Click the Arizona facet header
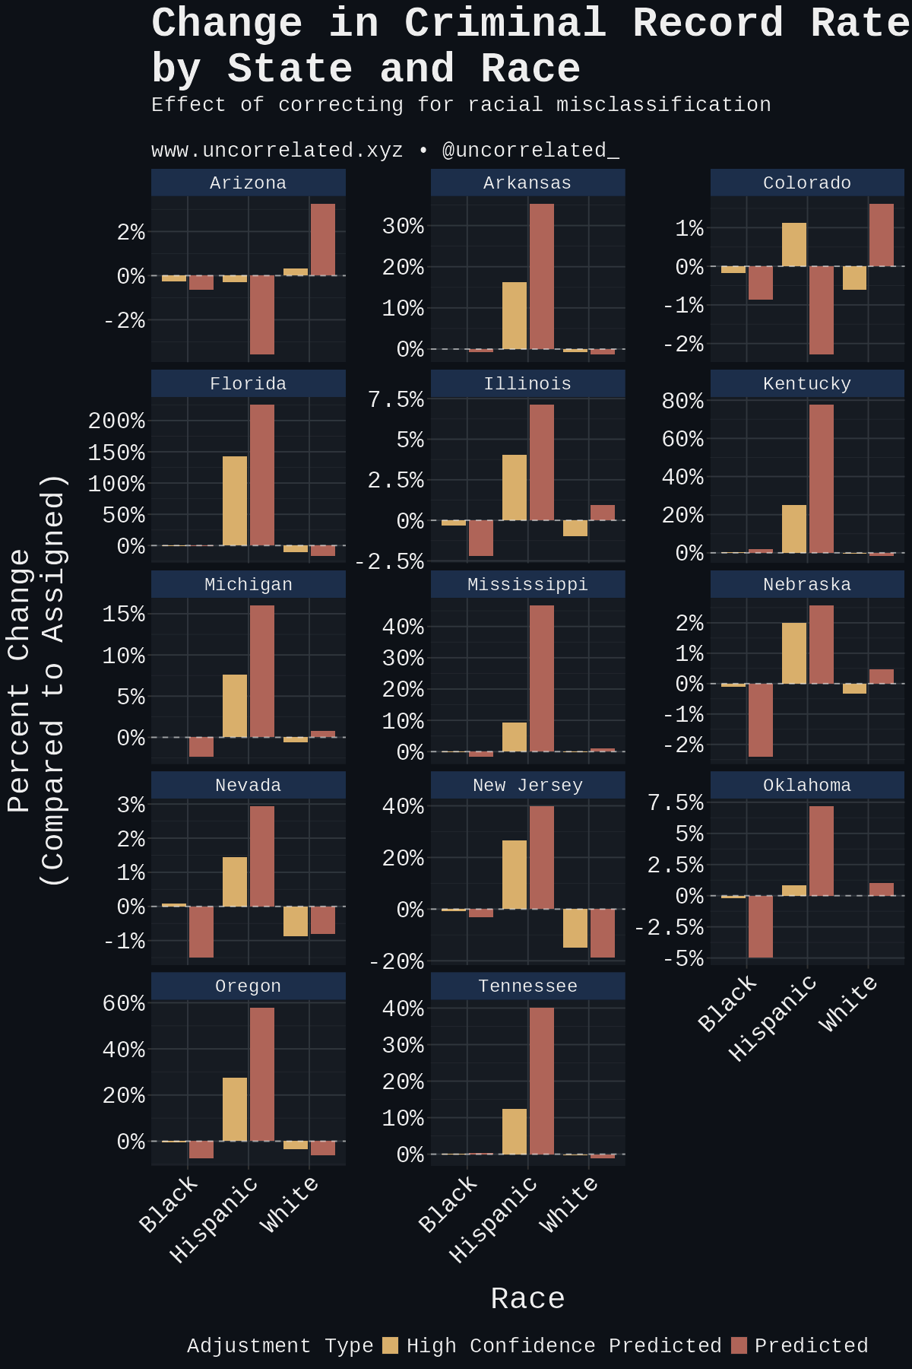248,183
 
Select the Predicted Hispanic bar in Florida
262,475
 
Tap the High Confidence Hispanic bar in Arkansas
515,316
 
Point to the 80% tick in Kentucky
682,401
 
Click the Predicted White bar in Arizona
323,240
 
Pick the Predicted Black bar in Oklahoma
761,926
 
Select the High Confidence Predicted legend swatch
390,1345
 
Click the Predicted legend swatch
739,1345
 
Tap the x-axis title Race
527,1298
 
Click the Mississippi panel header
527,585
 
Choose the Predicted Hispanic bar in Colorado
822,310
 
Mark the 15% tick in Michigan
123,614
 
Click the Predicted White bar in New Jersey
603,933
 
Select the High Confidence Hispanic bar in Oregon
235,1109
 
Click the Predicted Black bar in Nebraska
761,720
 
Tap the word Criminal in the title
505,23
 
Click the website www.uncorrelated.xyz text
277,151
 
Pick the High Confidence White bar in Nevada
296,921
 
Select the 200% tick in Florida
116,421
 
